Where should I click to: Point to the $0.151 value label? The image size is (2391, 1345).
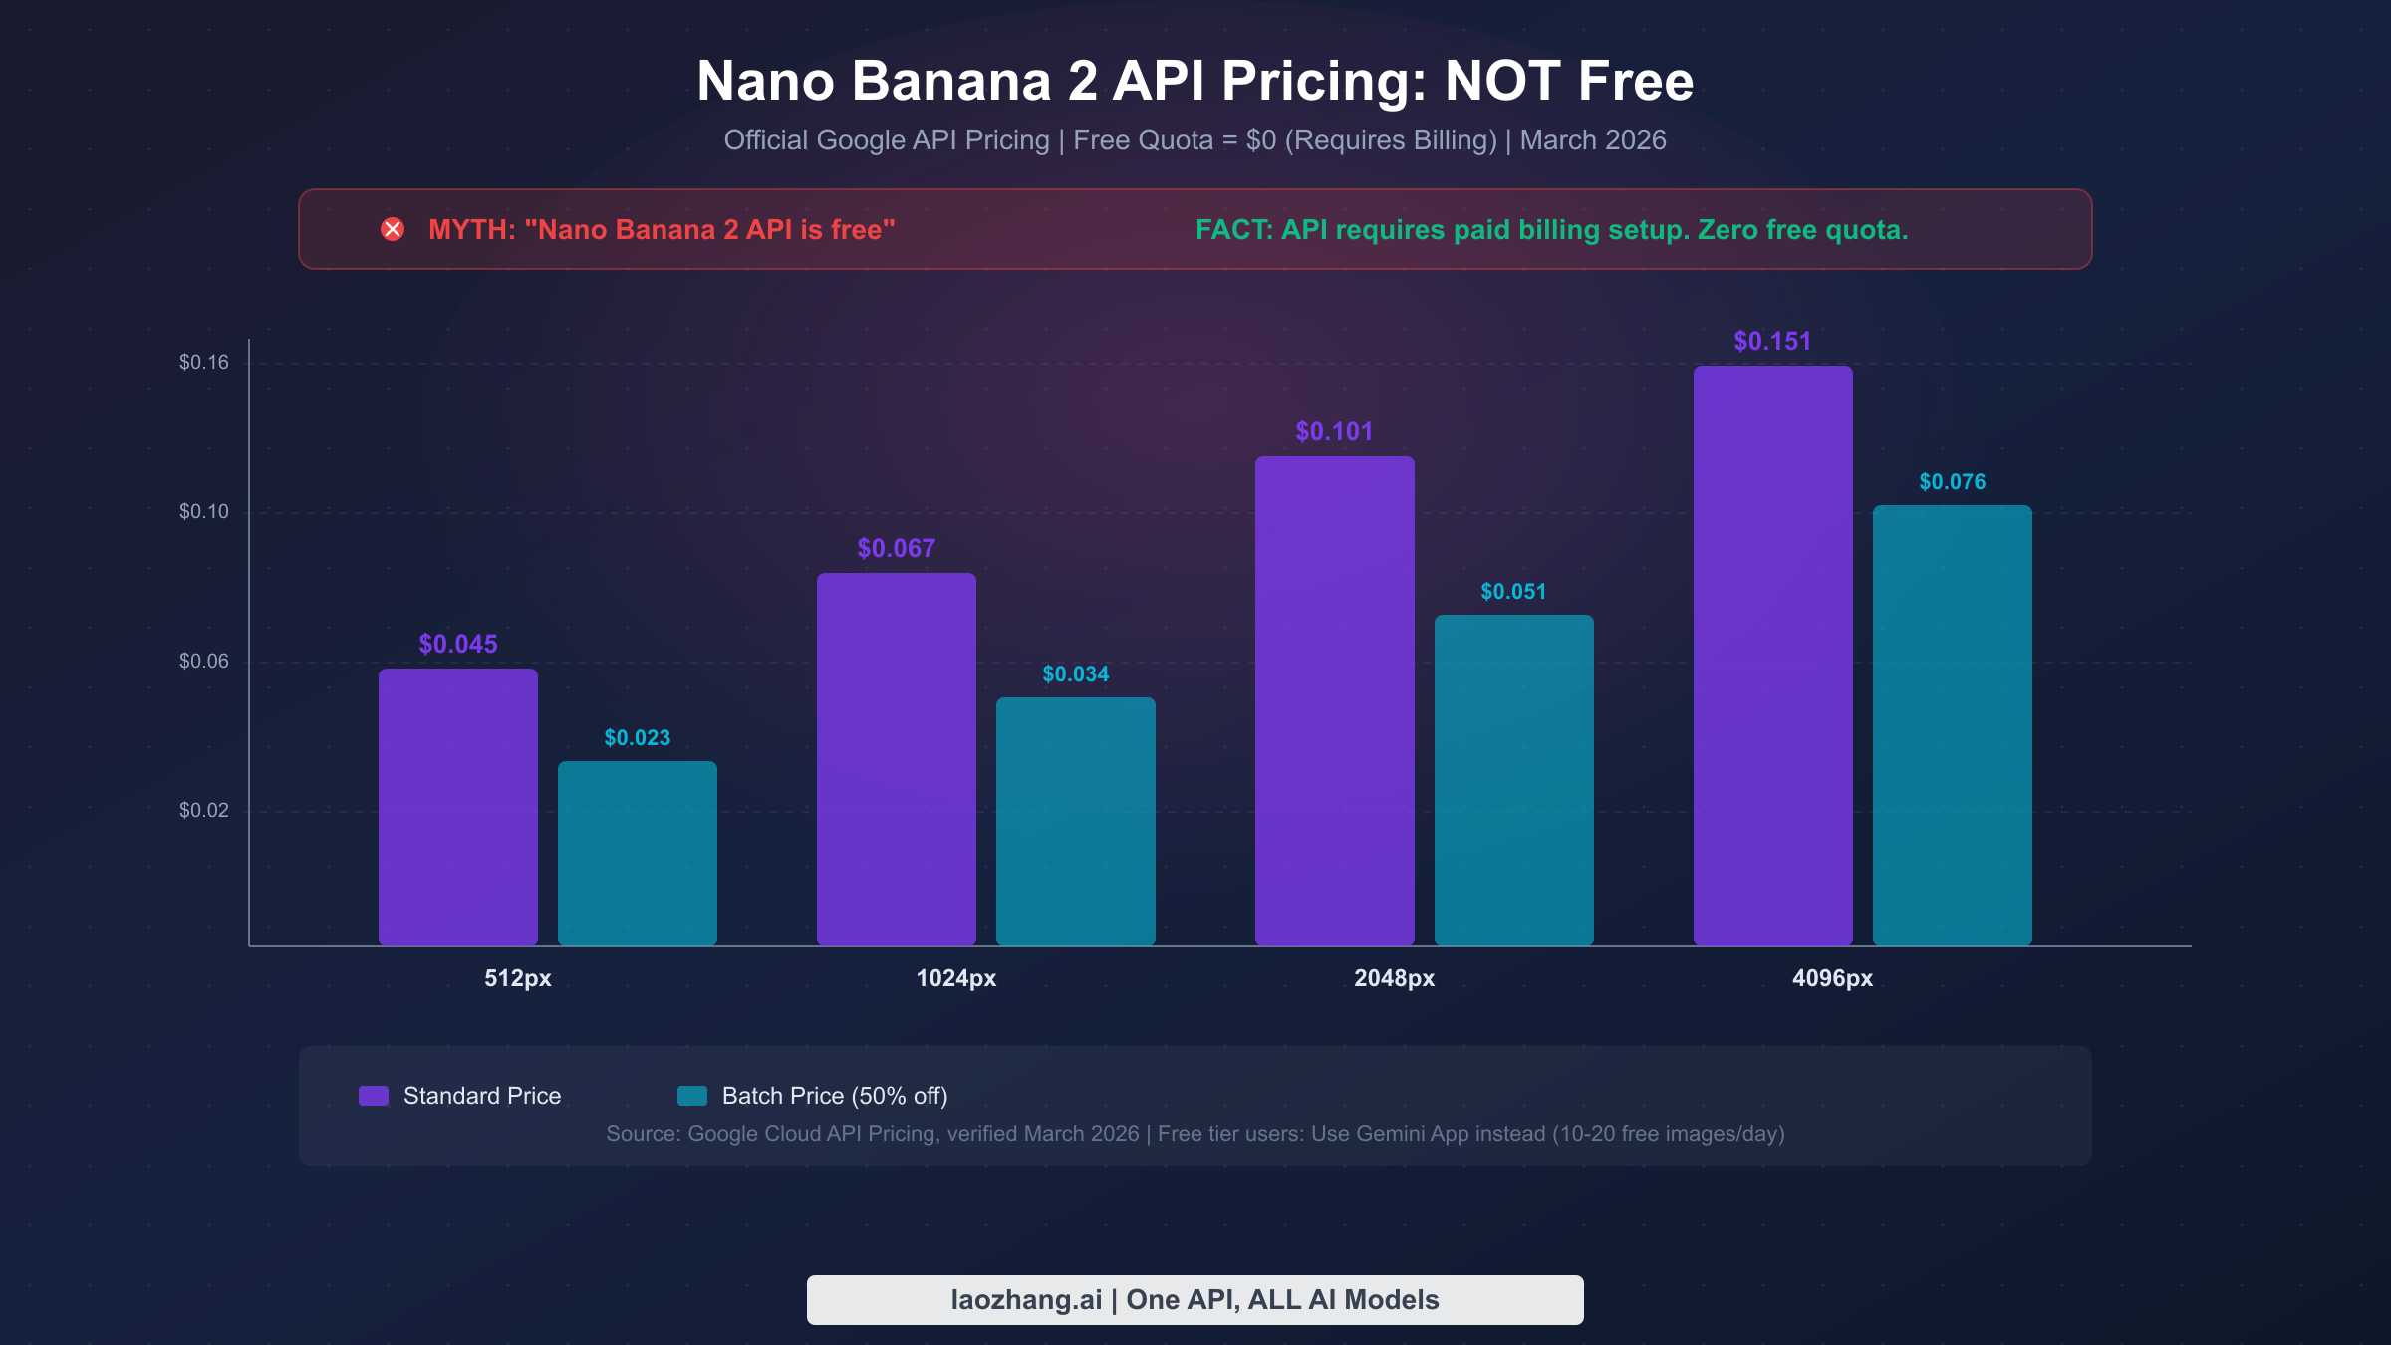1772,342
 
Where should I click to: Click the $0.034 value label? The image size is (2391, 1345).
1076,674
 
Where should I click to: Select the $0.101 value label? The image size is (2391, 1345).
1334,432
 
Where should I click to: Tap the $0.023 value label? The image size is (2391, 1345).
638,738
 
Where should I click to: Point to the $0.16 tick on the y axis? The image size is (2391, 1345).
204,363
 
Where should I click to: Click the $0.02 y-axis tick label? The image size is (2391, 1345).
204,811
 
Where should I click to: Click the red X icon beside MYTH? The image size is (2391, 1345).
393,230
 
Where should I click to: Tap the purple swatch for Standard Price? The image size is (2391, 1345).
374,1096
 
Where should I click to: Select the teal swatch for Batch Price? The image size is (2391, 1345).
692,1096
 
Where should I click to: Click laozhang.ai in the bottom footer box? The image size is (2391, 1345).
1026,1300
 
